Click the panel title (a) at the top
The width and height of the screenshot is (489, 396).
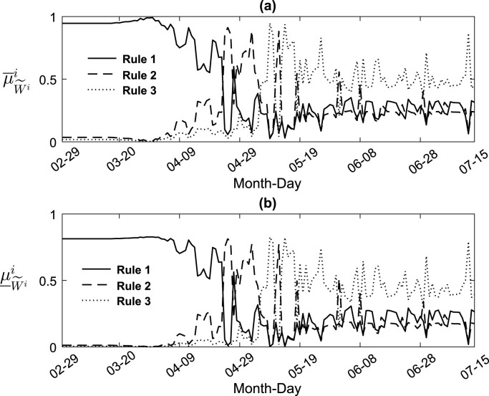coord(271,6)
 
